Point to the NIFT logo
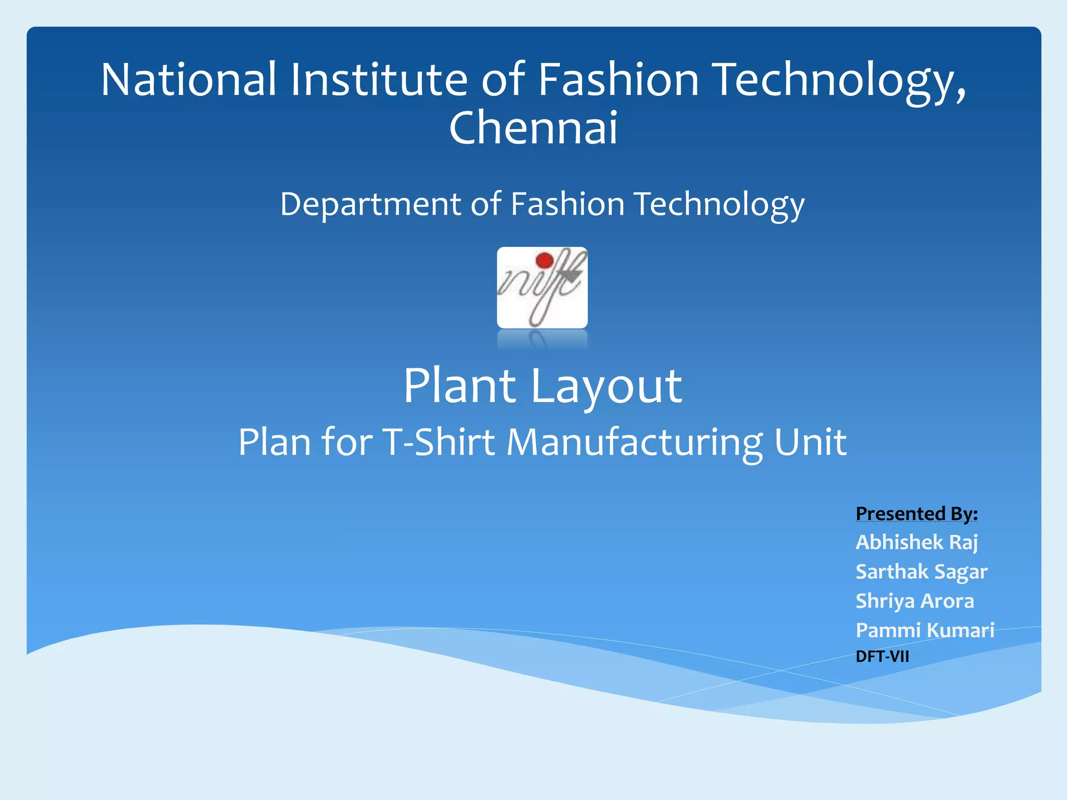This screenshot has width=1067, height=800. [542, 287]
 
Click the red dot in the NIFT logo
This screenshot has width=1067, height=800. [544, 260]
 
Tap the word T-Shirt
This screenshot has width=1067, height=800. [438, 442]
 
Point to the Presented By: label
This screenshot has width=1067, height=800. [916, 514]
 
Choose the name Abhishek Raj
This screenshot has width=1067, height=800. [916, 543]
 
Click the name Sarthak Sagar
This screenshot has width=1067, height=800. [921, 572]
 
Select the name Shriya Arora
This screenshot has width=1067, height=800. [914, 601]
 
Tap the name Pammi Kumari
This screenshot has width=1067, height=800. [925, 630]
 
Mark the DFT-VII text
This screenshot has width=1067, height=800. [882, 656]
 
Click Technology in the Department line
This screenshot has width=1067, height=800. [719, 204]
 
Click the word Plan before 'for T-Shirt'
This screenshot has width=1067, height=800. [275, 442]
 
